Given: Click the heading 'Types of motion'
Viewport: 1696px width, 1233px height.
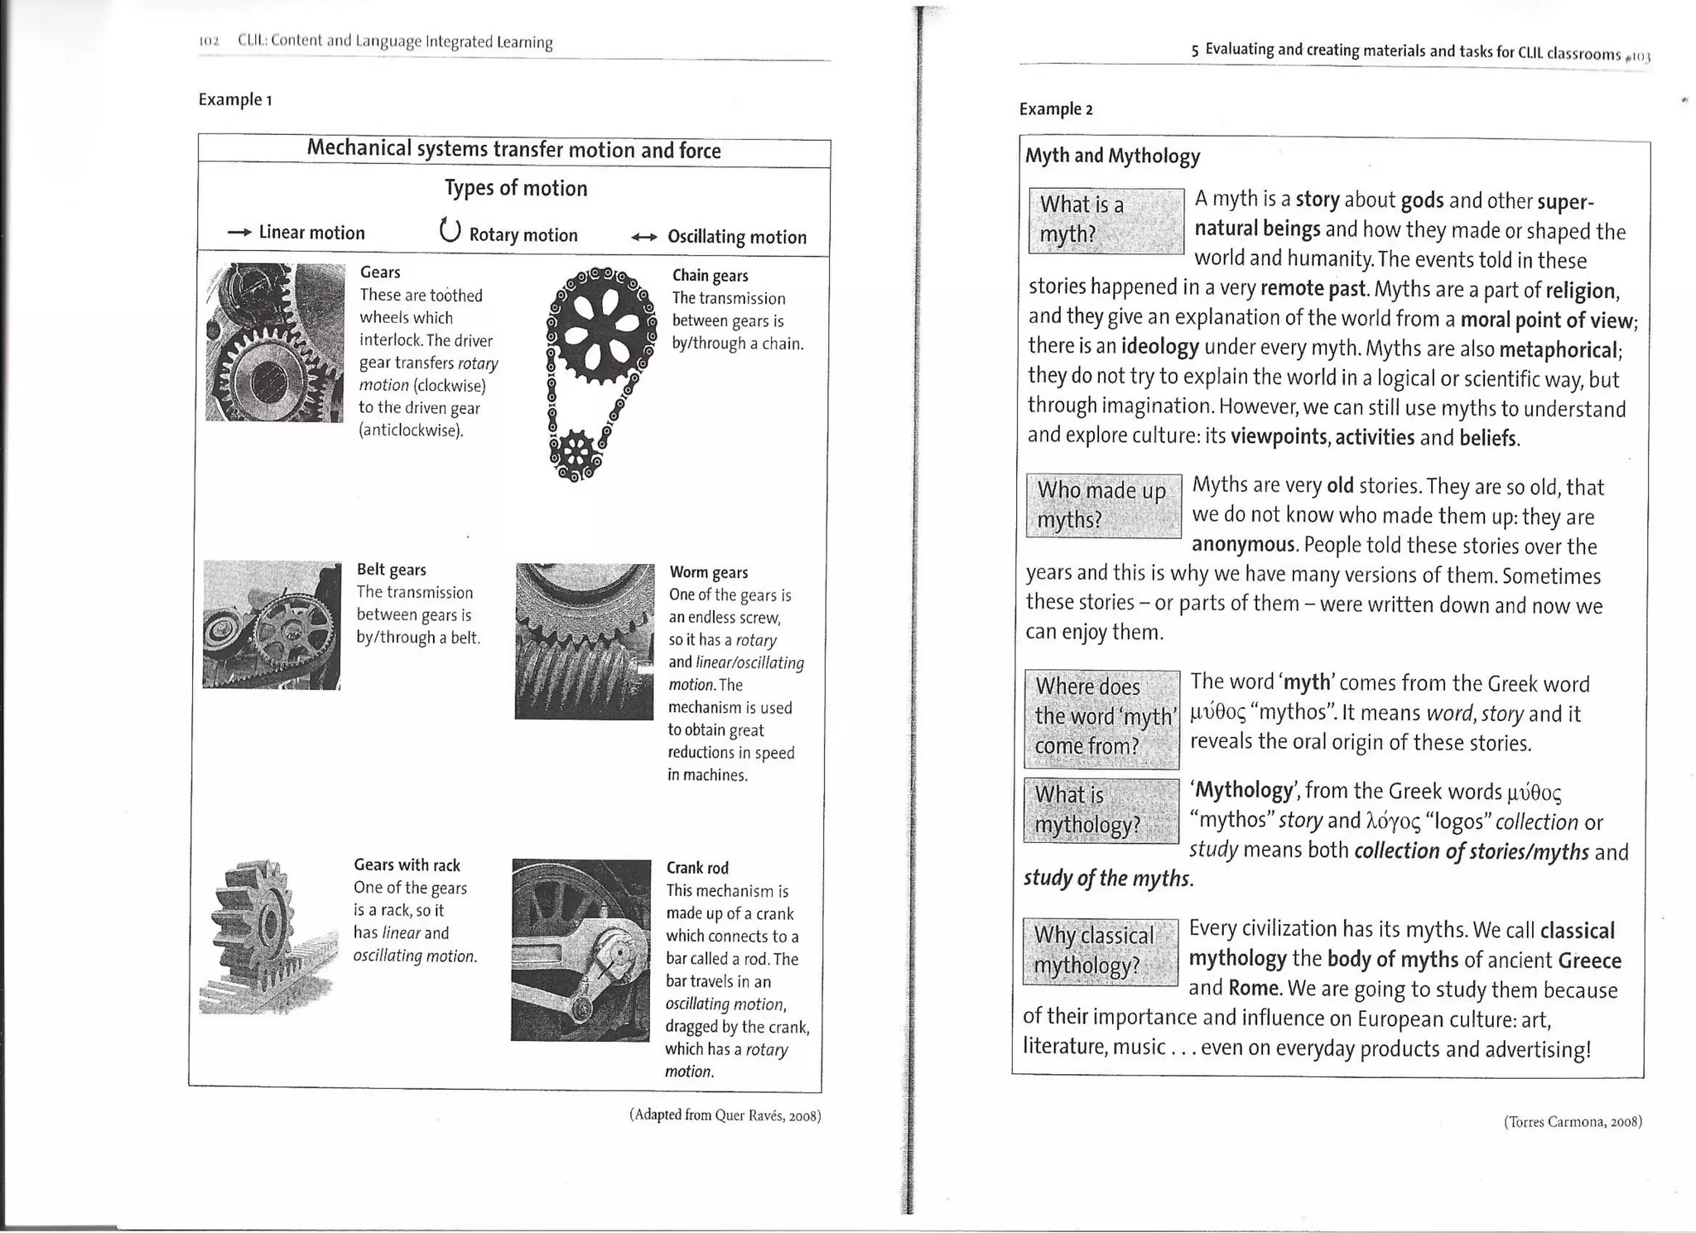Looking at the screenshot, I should click(x=515, y=189).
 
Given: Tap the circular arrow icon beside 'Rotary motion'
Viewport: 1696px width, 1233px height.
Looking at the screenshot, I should click(x=449, y=229).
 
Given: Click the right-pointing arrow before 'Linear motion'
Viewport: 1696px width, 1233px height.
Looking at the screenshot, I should click(x=239, y=234).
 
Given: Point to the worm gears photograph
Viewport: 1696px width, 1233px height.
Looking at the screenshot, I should click(x=584, y=642).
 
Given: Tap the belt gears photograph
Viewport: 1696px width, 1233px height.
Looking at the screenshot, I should click(x=272, y=624).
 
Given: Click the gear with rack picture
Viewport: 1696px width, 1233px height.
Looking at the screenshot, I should click(x=267, y=937).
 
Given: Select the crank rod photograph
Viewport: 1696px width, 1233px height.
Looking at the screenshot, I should click(x=581, y=950).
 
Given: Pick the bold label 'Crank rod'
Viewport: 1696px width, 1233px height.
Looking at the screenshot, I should click(x=697, y=868).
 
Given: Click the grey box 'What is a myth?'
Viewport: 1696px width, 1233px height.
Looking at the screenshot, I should click(x=1105, y=220).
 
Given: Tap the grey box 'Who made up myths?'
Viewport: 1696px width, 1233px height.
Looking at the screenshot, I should click(x=1103, y=505).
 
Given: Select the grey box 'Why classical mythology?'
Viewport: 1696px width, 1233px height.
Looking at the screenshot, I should click(x=1100, y=951).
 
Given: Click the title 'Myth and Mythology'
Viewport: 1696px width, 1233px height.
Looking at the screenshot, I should click(x=1112, y=156).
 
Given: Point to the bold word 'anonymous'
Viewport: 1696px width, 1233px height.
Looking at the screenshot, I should click(x=1243, y=544).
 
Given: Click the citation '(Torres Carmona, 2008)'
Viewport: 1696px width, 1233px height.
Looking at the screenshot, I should click(x=1573, y=1122).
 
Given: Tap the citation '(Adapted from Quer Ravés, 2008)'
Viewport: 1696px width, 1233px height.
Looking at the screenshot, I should click(x=725, y=1115).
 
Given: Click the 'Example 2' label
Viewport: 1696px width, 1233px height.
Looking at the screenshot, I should click(x=1056, y=109).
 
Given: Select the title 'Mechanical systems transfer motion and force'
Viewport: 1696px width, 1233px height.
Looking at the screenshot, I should click(x=513, y=150).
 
